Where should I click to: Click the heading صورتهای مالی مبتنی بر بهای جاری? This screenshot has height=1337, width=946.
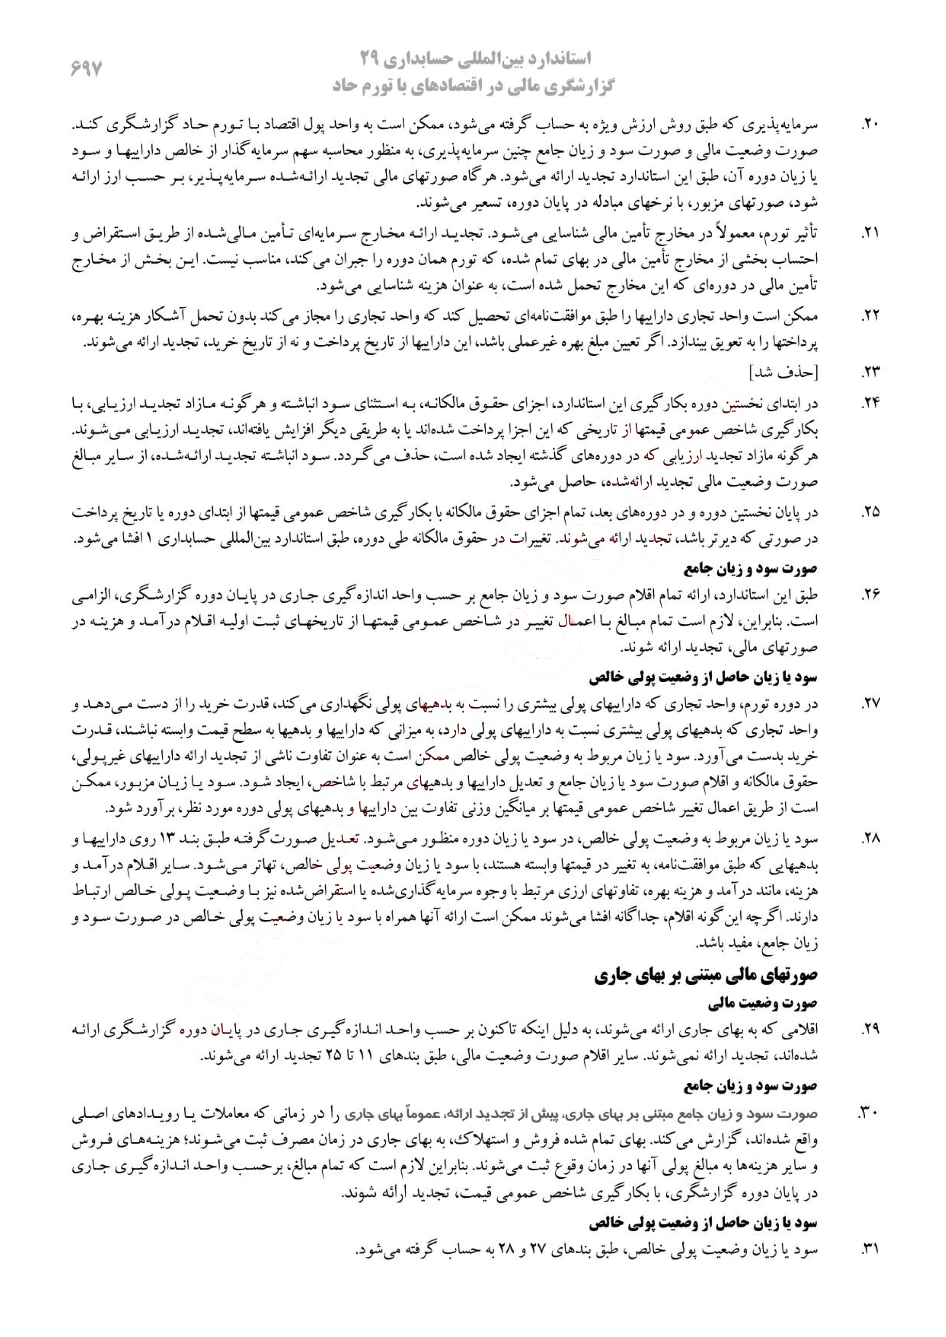tap(706, 977)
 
